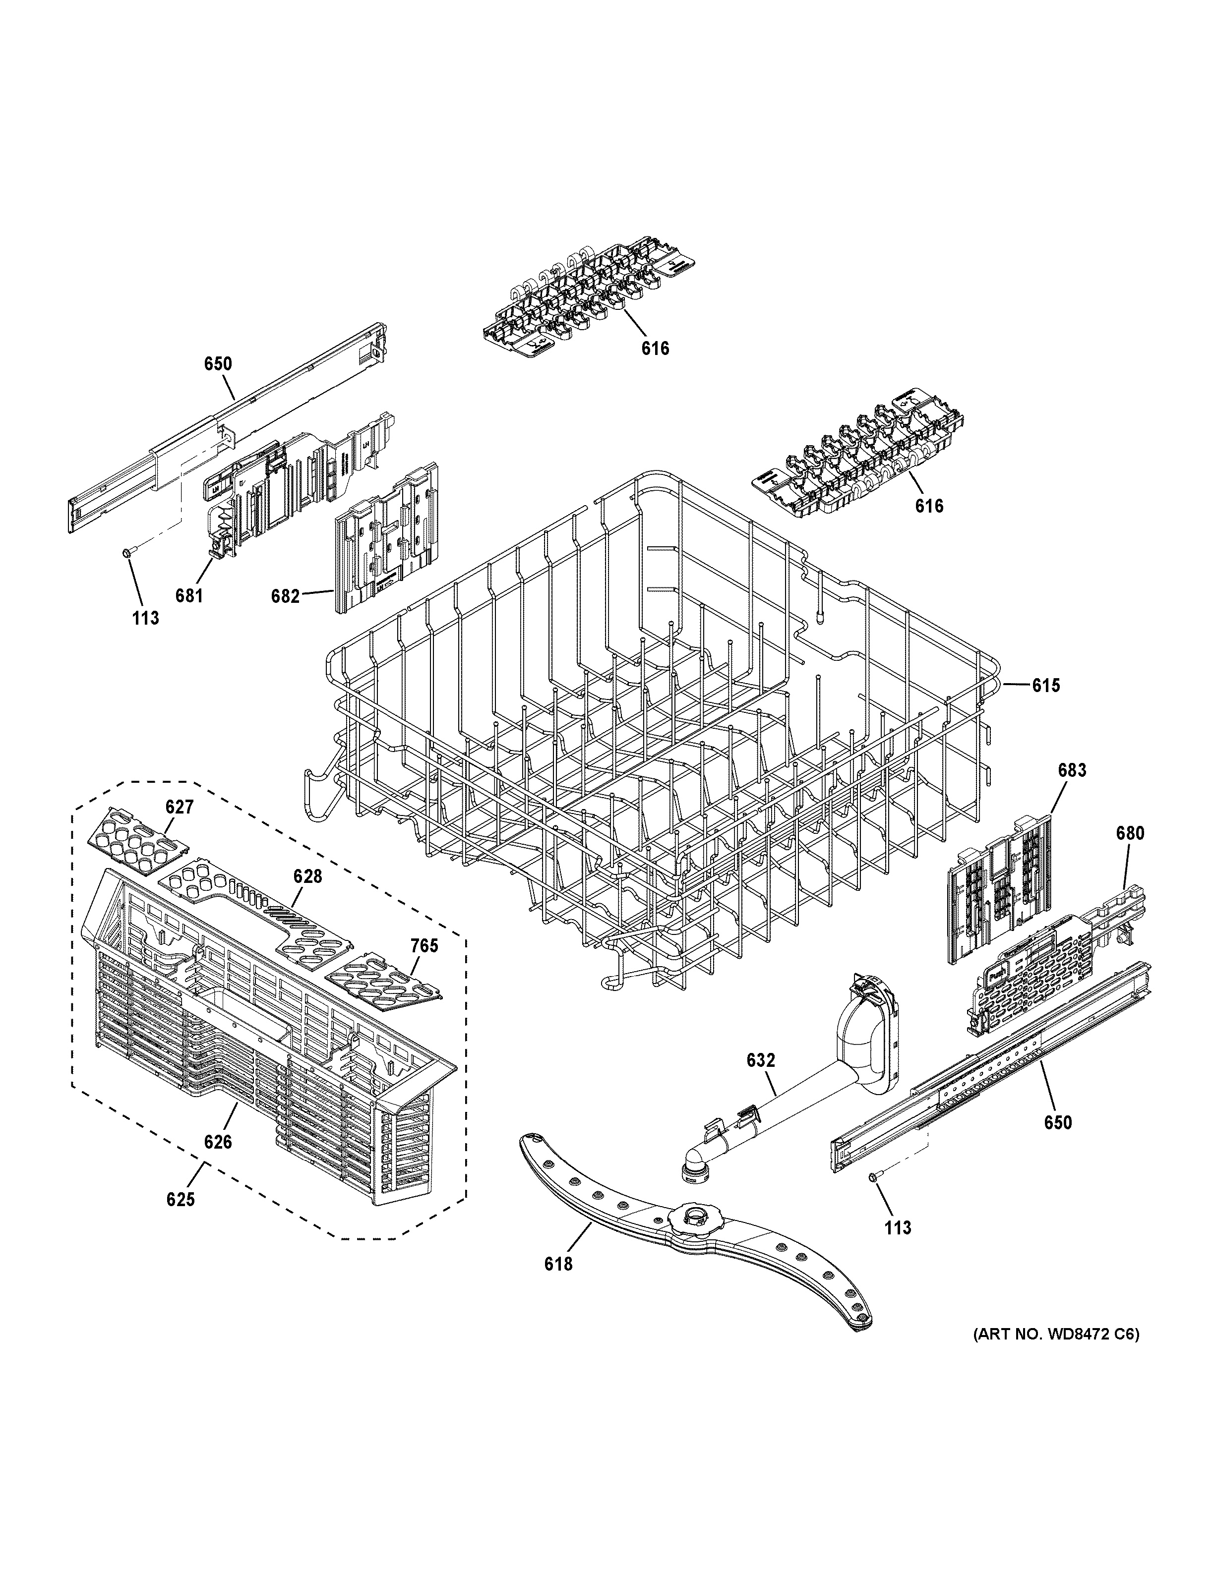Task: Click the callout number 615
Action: click(1045, 686)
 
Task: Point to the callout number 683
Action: click(1072, 770)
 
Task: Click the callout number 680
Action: click(1129, 834)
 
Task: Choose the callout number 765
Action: click(424, 946)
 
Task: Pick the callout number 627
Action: click(179, 807)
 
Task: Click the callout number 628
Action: click(307, 877)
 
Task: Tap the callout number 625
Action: click(181, 1200)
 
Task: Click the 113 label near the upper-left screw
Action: click(145, 618)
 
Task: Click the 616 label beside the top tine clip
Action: click(655, 349)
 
